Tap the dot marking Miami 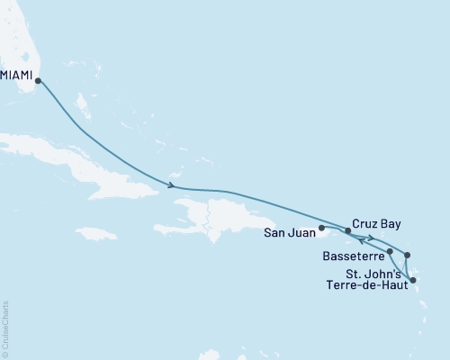click(38, 81)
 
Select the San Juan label click(289, 230)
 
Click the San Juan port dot click(321, 229)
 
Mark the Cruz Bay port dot click(347, 230)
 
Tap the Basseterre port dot click(389, 251)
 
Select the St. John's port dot click(406, 256)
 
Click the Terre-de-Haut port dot click(412, 281)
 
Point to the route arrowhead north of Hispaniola click(170, 186)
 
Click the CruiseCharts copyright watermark click(6, 328)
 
